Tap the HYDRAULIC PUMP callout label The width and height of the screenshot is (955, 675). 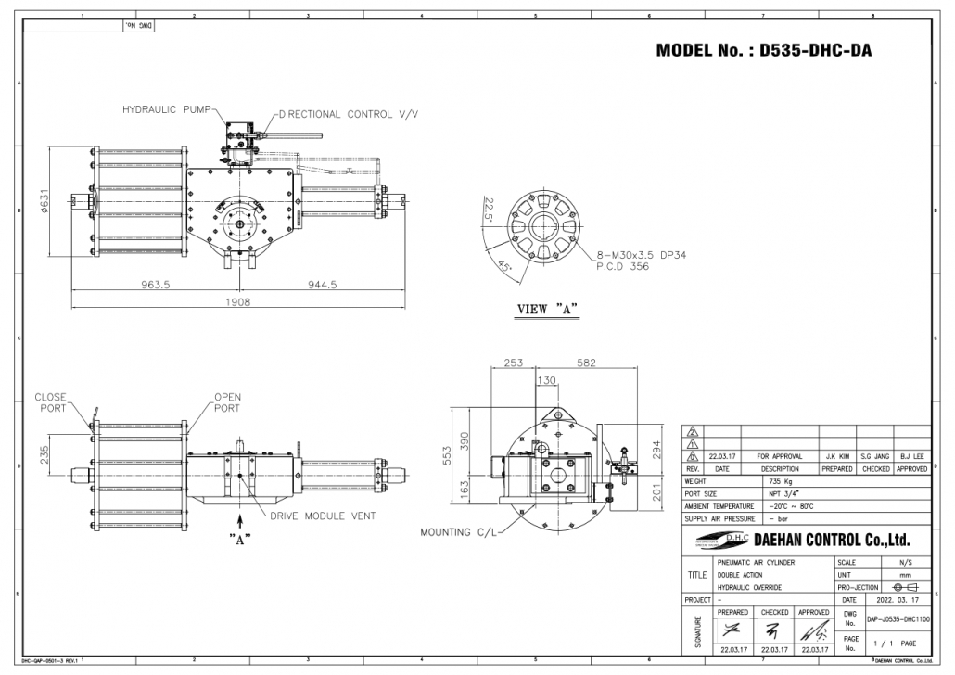click(x=166, y=108)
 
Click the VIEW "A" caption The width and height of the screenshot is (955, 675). click(x=547, y=310)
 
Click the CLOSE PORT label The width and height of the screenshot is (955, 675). click(x=50, y=402)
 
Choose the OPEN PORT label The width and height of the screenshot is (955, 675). click(x=227, y=402)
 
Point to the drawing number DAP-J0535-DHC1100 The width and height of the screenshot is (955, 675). click(x=898, y=618)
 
